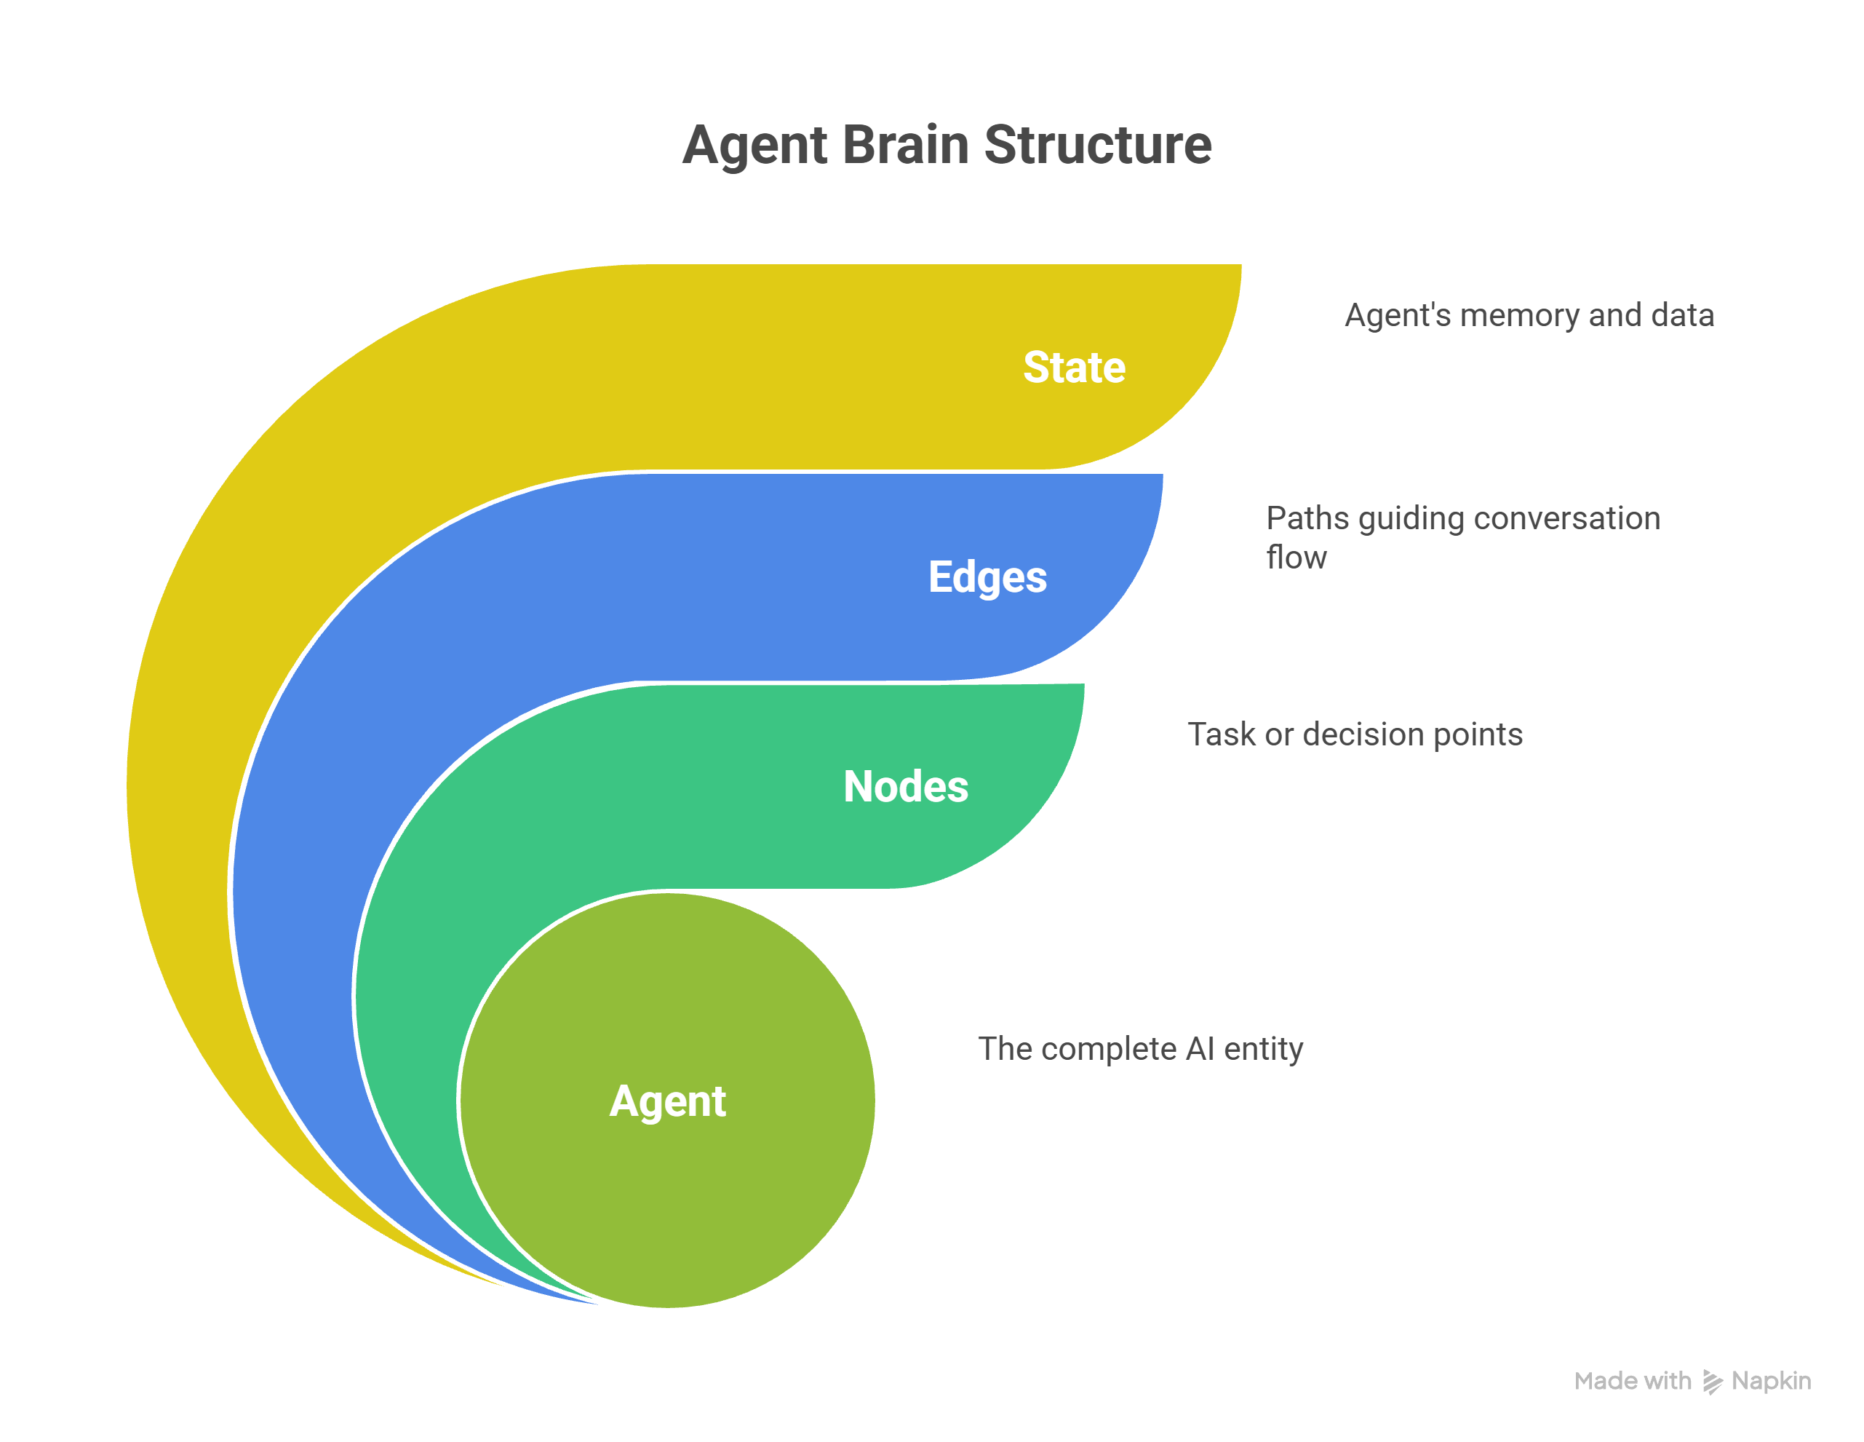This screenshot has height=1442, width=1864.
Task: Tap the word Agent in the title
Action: coord(754,145)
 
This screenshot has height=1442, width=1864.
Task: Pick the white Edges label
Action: coord(987,577)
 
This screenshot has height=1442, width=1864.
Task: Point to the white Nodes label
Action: coord(906,786)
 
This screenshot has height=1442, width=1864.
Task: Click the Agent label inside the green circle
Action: coord(667,1101)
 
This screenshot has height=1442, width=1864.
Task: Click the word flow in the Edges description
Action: coord(1297,558)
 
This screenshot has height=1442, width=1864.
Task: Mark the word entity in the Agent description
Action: coord(1263,1049)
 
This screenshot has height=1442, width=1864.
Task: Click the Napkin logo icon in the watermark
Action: coord(1712,1382)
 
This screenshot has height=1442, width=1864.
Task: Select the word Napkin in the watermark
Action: coord(1771,1382)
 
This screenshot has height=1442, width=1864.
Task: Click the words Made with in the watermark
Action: coord(1632,1382)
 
